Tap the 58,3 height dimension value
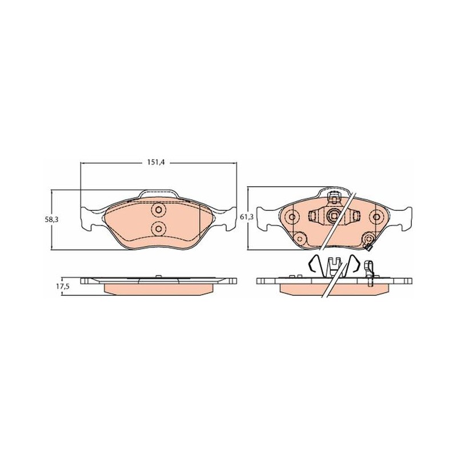(51, 220)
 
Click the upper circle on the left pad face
(159, 210)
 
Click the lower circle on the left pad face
(159, 228)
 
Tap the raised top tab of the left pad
(159, 194)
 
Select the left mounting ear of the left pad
(87, 218)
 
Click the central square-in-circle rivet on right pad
(333, 216)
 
